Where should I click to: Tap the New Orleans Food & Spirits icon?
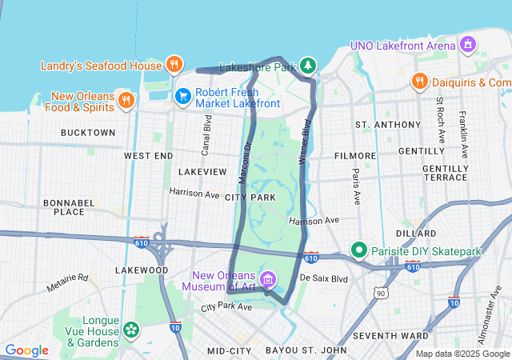point(126,100)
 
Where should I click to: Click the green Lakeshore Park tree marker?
point(308,65)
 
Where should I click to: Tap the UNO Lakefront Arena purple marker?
point(469,45)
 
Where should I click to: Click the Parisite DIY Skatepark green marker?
point(360,251)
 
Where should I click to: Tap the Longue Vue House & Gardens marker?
point(131,329)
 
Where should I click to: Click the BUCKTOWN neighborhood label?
point(87,132)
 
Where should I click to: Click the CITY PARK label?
point(250,197)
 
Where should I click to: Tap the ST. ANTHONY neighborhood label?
point(388,125)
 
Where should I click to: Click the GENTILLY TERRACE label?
point(445,174)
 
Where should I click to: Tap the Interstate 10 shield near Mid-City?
point(175,326)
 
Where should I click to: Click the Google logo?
point(26,350)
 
